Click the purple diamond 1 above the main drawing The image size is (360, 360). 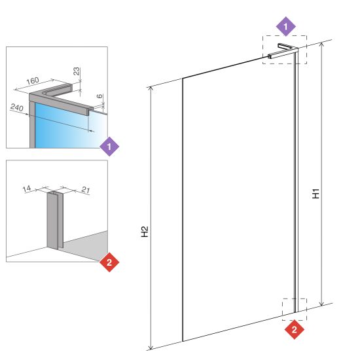click(285, 26)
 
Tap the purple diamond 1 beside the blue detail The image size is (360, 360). click(109, 147)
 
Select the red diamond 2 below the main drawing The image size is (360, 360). click(295, 330)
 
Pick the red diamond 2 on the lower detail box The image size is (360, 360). click(109, 262)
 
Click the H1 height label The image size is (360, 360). click(316, 194)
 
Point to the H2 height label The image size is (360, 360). click(145, 232)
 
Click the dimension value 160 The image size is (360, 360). click(33, 81)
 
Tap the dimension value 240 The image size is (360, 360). click(17, 107)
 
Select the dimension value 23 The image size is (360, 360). click(77, 71)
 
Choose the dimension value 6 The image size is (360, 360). click(99, 96)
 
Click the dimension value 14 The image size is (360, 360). click(27, 189)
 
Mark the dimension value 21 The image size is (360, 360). click(86, 190)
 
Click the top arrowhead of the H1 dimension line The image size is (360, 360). click(322, 44)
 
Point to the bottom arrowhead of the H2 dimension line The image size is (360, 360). click(151, 348)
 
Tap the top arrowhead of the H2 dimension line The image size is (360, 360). click(151, 88)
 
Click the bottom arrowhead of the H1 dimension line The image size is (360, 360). click(322, 304)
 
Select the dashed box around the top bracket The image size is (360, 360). click(285, 35)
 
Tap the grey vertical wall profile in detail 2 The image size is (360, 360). click(55, 221)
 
